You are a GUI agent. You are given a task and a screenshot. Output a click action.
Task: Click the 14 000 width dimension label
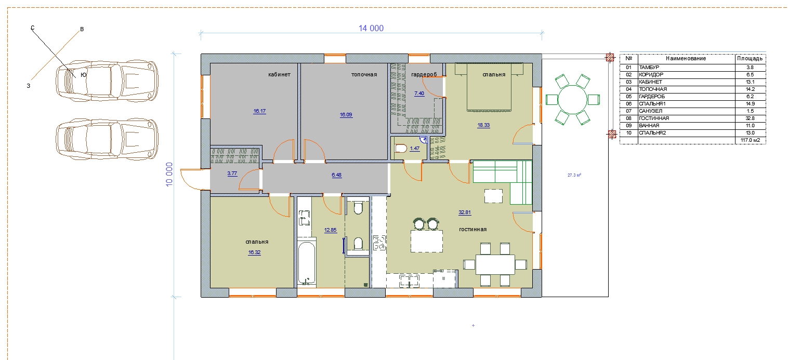pyautogui.click(x=371, y=28)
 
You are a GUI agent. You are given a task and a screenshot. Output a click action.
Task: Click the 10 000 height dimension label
pyautogui.click(x=169, y=175)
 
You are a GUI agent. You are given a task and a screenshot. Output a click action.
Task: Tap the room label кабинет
pyautogui.click(x=279, y=74)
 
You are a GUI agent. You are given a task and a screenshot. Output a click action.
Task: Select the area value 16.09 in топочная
pyautogui.click(x=346, y=115)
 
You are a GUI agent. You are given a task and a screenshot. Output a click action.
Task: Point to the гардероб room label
pyautogui.click(x=424, y=74)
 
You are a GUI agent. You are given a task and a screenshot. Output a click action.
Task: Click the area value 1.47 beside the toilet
pyautogui.click(x=415, y=149)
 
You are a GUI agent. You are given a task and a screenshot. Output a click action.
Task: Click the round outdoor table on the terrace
pyautogui.click(x=573, y=100)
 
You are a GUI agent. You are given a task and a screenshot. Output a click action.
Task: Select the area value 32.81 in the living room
pyautogui.click(x=465, y=212)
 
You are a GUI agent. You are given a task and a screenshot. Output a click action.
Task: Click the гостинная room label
pyautogui.click(x=473, y=229)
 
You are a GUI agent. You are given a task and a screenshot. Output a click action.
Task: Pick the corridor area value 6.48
pyautogui.click(x=336, y=175)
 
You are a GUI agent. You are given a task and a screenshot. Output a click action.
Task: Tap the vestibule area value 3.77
pyautogui.click(x=232, y=174)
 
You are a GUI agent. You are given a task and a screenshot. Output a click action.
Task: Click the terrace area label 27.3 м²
pyautogui.click(x=574, y=175)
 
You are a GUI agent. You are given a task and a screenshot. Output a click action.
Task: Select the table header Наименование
pyautogui.click(x=686, y=58)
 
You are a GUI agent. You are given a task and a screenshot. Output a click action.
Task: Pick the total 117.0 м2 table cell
pyautogui.click(x=751, y=140)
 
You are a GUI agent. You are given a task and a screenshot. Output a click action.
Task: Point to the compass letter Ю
pyautogui.click(x=83, y=75)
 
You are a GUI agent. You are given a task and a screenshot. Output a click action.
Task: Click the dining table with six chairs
pyautogui.click(x=495, y=264)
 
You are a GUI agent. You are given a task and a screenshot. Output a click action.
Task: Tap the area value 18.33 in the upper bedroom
pyautogui.click(x=483, y=125)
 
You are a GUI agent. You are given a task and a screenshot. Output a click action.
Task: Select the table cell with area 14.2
pyautogui.click(x=750, y=89)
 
